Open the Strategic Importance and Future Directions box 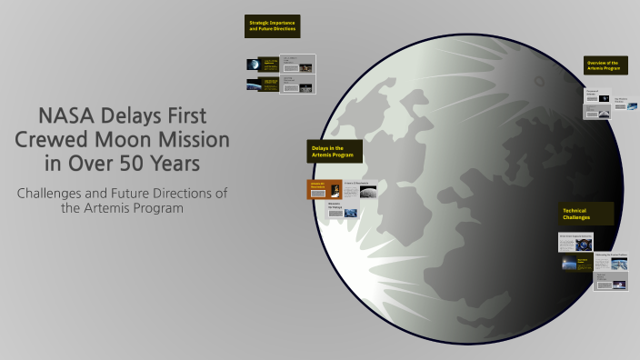tap(272, 26)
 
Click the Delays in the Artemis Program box tap(335, 152)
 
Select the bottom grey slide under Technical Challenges tap(610, 283)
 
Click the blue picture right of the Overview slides tap(619, 106)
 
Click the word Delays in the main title tap(143, 117)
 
